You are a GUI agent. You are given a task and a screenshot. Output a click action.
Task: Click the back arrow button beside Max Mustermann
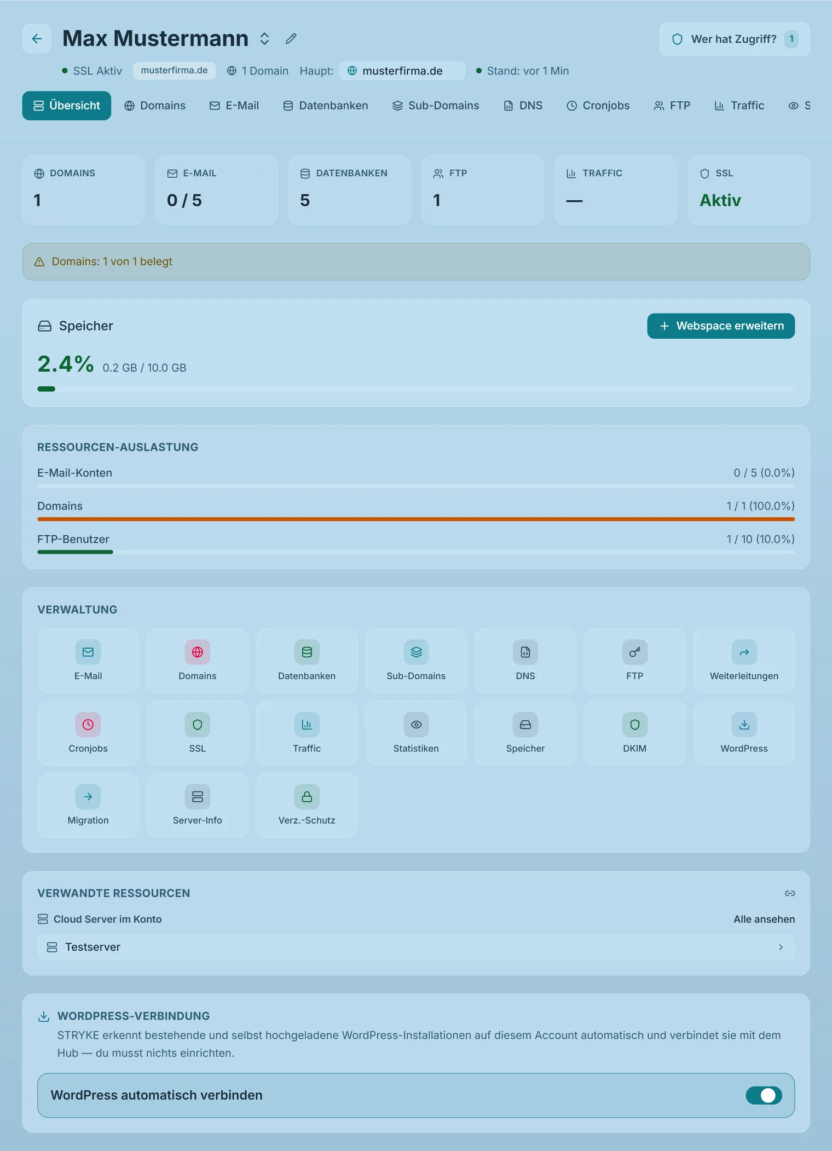pos(37,38)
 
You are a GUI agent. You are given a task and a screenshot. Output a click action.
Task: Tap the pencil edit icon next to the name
pos(291,38)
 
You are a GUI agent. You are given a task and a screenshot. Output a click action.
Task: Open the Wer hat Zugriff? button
pos(735,39)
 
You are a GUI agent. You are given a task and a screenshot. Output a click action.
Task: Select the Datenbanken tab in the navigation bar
pos(326,106)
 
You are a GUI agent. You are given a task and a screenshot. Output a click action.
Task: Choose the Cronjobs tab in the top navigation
pos(598,106)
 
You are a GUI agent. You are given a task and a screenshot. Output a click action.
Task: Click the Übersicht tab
pos(67,106)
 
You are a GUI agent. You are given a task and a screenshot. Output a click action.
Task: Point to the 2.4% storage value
pos(66,364)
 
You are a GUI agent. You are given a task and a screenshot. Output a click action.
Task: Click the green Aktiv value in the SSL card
pos(720,200)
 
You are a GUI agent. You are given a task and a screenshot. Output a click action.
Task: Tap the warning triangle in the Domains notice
pos(39,262)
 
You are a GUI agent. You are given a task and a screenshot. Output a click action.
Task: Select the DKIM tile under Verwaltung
pos(635,733)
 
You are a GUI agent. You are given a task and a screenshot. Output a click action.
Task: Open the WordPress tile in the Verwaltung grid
pos(744,733)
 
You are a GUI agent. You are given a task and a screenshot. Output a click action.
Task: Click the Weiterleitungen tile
pos(744,661)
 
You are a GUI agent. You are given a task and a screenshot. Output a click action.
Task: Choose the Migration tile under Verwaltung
pos(88,805)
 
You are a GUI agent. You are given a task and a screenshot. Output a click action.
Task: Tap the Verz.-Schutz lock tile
pos(307,805)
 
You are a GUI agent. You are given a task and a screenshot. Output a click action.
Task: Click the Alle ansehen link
pos(764,919)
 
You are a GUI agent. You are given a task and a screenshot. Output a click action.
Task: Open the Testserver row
pos(416,947)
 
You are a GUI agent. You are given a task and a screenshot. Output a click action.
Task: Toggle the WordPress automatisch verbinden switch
pos(764,1095)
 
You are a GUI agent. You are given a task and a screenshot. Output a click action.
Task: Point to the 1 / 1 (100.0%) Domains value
pos(760,506)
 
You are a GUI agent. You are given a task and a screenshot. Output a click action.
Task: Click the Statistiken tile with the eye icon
pos(416,733)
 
